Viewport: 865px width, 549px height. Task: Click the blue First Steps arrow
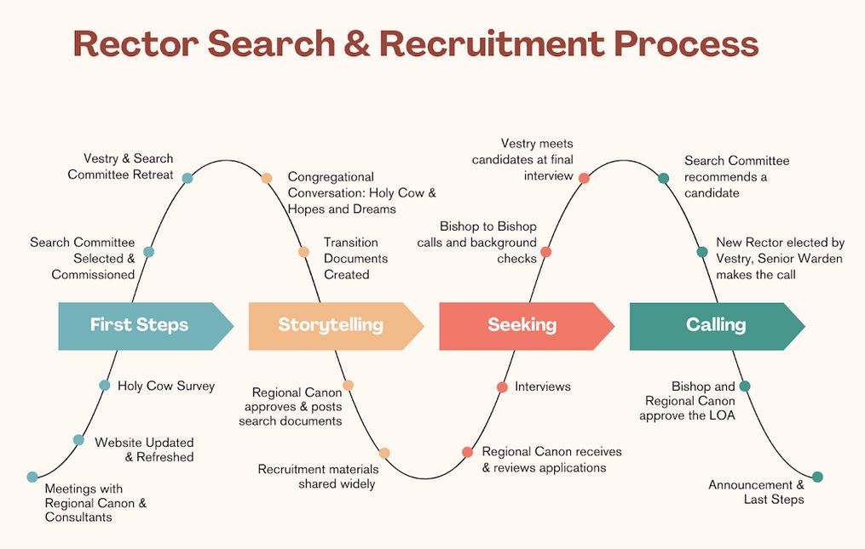(x=141, y=325)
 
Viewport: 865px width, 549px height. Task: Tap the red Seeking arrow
(x=522, y=325)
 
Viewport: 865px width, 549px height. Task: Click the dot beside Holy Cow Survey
(x=105, y=386)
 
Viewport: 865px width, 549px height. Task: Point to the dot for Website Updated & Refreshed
(x=78, y=440)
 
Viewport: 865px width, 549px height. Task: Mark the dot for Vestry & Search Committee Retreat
(x=187, y=178)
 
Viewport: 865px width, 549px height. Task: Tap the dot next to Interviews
(x=502, y=387)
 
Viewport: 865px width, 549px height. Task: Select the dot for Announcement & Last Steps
(x=817, y=477)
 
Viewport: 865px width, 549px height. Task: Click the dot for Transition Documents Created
(x=303, y=252)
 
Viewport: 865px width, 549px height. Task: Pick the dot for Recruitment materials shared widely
(x=384, y=454)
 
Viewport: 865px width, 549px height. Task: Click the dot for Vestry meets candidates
(x=584, y=178)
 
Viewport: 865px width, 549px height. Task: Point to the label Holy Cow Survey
(x=166, y=386)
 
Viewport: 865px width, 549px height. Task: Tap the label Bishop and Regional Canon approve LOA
(x=689, y=401)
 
